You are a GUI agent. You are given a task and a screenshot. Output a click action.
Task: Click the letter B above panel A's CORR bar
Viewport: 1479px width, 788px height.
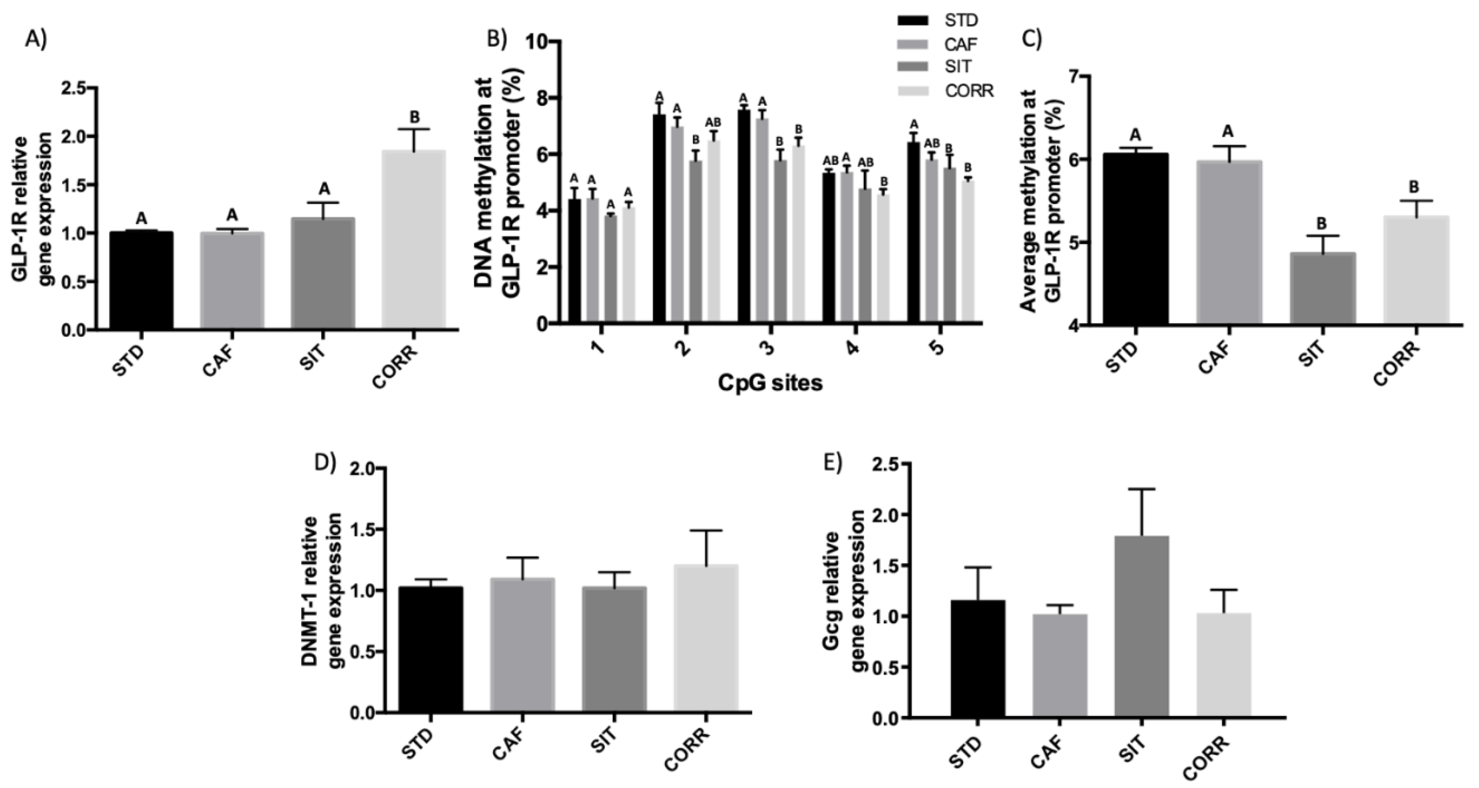[x=414, y=118]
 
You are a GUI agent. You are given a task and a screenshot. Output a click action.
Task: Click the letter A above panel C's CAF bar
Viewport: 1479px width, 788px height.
[x=1227, y=132]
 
